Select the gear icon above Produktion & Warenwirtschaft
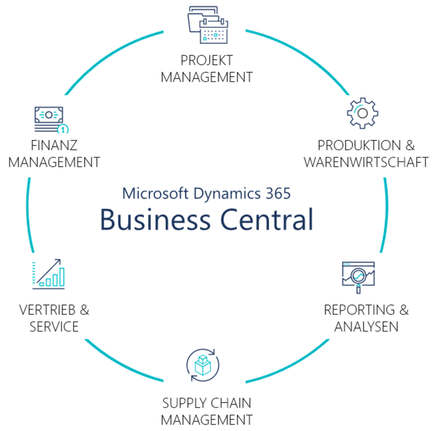point(362,113)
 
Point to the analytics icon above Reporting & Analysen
point(358,275)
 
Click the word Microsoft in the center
point(156,193)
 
